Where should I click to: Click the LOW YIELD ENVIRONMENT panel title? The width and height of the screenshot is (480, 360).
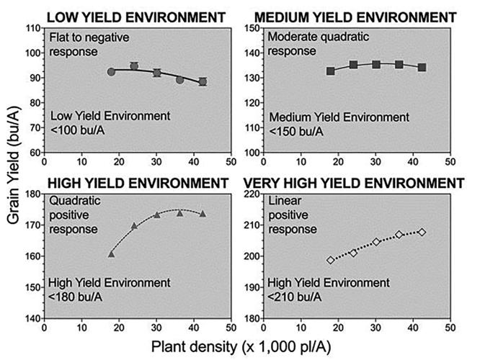click(x=126, y=16)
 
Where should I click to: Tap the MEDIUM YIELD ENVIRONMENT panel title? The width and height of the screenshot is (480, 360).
click(x=357, y=16)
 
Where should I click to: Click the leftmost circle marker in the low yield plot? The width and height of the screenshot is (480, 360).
click(x=111, y=72)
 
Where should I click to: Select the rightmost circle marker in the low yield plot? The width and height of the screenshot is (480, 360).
click(x=203, y=82)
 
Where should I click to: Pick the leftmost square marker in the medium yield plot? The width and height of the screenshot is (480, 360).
click(x=330, y=71)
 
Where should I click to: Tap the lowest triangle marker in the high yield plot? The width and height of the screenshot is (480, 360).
click(x=111, y=254)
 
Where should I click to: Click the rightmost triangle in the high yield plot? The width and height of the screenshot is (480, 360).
click(x=203, y=214)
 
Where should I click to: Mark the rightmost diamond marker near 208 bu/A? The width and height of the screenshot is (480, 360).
click(x=422, y=232)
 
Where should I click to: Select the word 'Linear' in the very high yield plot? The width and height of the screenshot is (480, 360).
click(x=283, y=199)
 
